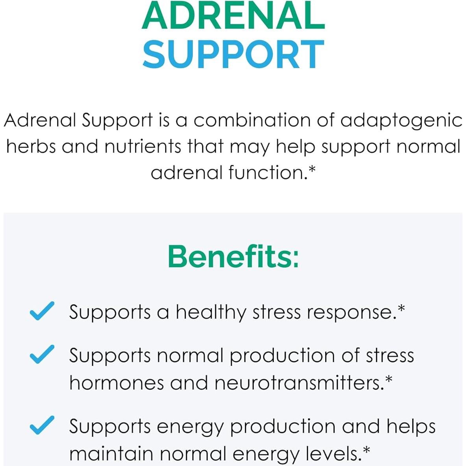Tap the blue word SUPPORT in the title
(x=233, y=54)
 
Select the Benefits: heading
(x=233, y=256)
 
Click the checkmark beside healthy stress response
(x=42, y=311)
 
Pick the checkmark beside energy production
(x=42, y=425)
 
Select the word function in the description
(x=266, y=172)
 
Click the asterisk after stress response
(x=401, y=309)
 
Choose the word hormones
(x=116, y=383)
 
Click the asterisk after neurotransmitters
(x=388, y=380)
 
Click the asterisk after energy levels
(x=366, y=451)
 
